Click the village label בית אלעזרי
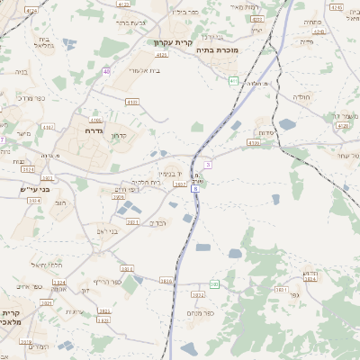(x=144, y=69)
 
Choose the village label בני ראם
(x=107, y=230)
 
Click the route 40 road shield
(x=106, y=71)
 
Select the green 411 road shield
(x=233, y=81)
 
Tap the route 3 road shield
(x=208, y=165)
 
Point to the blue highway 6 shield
(x=194, y=189)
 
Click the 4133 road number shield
(x=132, y=103)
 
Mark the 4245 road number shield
(x=337, y=7)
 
